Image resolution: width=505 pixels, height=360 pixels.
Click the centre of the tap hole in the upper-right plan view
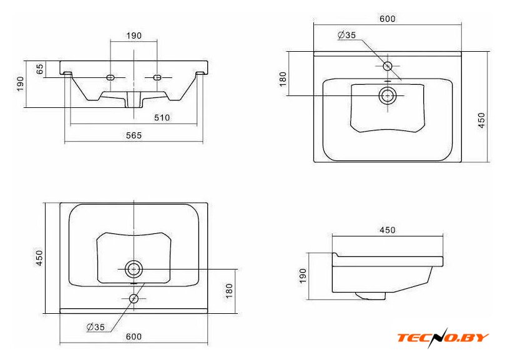[x=388, y=66]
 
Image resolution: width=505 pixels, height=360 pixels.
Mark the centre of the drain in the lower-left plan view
[x=134, y=269]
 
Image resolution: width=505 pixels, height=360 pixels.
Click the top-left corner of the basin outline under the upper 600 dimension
[x=314, y=52]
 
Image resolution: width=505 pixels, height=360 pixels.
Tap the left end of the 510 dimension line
[x=70, y=124]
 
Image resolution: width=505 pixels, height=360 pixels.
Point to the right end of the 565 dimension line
[x=203, y=141]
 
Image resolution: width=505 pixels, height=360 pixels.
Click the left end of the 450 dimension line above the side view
[x=332, y=236]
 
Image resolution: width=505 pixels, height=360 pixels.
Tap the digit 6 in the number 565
[x=134, y=135]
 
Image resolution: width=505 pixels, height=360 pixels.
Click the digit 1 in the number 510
[x=162, y=118]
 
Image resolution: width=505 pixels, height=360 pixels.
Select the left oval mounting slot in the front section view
[x=110, y=77]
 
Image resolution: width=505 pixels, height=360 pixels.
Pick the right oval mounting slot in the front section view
[x=157, y=77]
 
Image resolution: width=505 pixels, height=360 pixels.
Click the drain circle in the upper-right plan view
[x=388, y=95]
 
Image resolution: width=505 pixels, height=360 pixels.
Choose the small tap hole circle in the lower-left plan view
[x=134, y=299]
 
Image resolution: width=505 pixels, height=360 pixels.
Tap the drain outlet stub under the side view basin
[x=370, y=296]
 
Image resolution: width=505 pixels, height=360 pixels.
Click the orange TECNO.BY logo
[x=443, y=338]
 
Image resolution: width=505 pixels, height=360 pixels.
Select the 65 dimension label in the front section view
[x=39, y=69]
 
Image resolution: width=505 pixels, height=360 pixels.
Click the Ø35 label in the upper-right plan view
[x=347, y=35]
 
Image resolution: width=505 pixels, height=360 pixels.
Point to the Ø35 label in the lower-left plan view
[x=96, y=327]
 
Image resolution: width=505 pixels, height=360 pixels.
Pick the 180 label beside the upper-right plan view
[x=283, y=79]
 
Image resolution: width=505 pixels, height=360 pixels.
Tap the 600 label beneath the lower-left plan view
[x=134, y=337]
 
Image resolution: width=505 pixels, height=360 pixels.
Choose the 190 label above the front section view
[x=134, y=36]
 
